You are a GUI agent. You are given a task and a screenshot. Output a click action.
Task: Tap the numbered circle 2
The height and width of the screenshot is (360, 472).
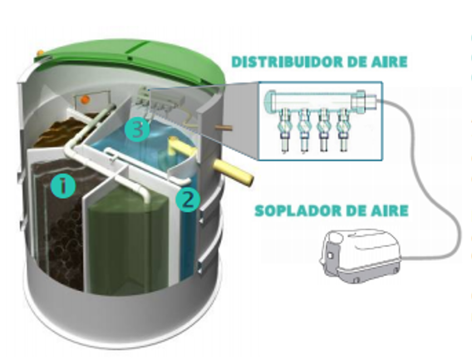(188, 200)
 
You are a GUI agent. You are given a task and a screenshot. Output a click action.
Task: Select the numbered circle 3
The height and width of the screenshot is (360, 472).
(137, 130)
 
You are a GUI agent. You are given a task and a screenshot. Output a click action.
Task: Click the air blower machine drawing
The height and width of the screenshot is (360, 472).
(361, 255)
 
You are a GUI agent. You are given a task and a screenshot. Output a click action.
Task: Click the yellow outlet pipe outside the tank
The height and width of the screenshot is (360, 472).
(234, 173)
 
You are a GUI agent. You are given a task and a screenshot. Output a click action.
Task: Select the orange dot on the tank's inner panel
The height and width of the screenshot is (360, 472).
(86, 99)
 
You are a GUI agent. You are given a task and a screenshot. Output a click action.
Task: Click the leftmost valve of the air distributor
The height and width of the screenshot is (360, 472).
(284, 129)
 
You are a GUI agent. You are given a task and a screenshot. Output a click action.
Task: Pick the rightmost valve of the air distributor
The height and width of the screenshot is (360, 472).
(343, 129)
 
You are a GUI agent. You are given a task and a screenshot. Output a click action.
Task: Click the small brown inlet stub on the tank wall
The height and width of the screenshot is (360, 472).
(224, 127)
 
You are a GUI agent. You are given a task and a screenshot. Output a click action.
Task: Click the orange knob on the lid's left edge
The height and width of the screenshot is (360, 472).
(39, 53)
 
